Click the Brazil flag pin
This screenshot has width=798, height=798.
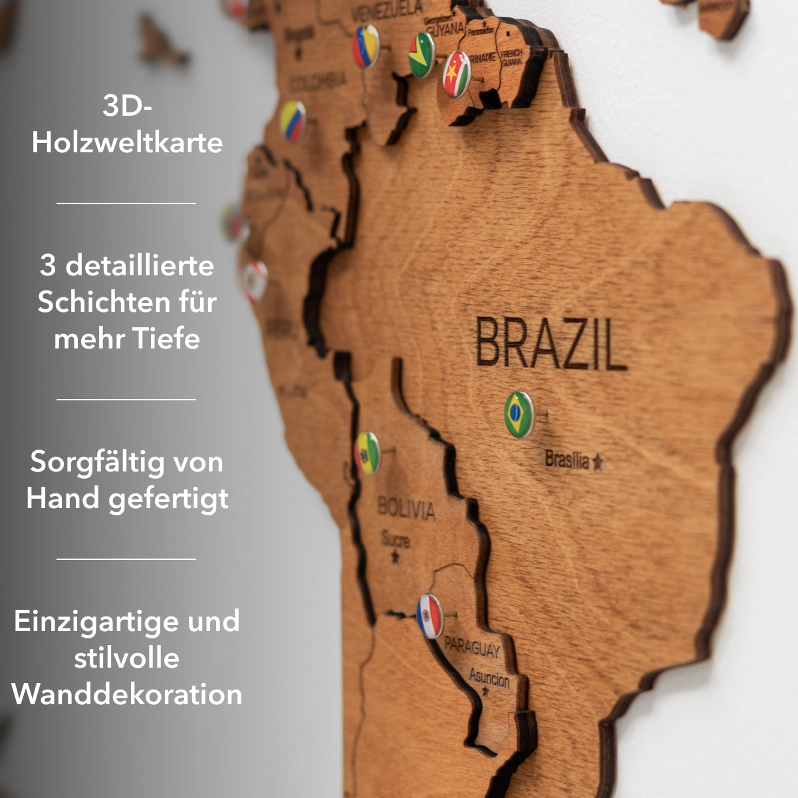coord(519,415)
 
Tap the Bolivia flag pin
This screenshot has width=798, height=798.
coord(367,453)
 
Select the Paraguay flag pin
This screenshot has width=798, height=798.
coord(430,616)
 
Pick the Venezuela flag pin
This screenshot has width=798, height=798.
coord(366,47)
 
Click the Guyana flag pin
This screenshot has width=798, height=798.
coord(422,55)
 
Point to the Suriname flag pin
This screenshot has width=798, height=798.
coord(457,74)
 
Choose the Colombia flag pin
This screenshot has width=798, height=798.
coord(293,121)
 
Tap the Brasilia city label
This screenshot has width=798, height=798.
coord(567,460)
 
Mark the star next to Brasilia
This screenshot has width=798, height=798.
coord(597,462)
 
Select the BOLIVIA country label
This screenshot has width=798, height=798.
coord(406,509)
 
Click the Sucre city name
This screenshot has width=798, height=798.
coord(395,539)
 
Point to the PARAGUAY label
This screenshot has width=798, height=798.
coord(472,647)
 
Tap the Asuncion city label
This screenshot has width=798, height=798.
coord(489,678)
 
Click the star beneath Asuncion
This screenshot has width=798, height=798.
coord(485,692)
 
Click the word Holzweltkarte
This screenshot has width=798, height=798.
coord(127,143)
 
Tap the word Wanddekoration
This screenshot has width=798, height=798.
coord(127,694)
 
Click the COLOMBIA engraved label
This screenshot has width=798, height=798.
coord(318,82)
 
